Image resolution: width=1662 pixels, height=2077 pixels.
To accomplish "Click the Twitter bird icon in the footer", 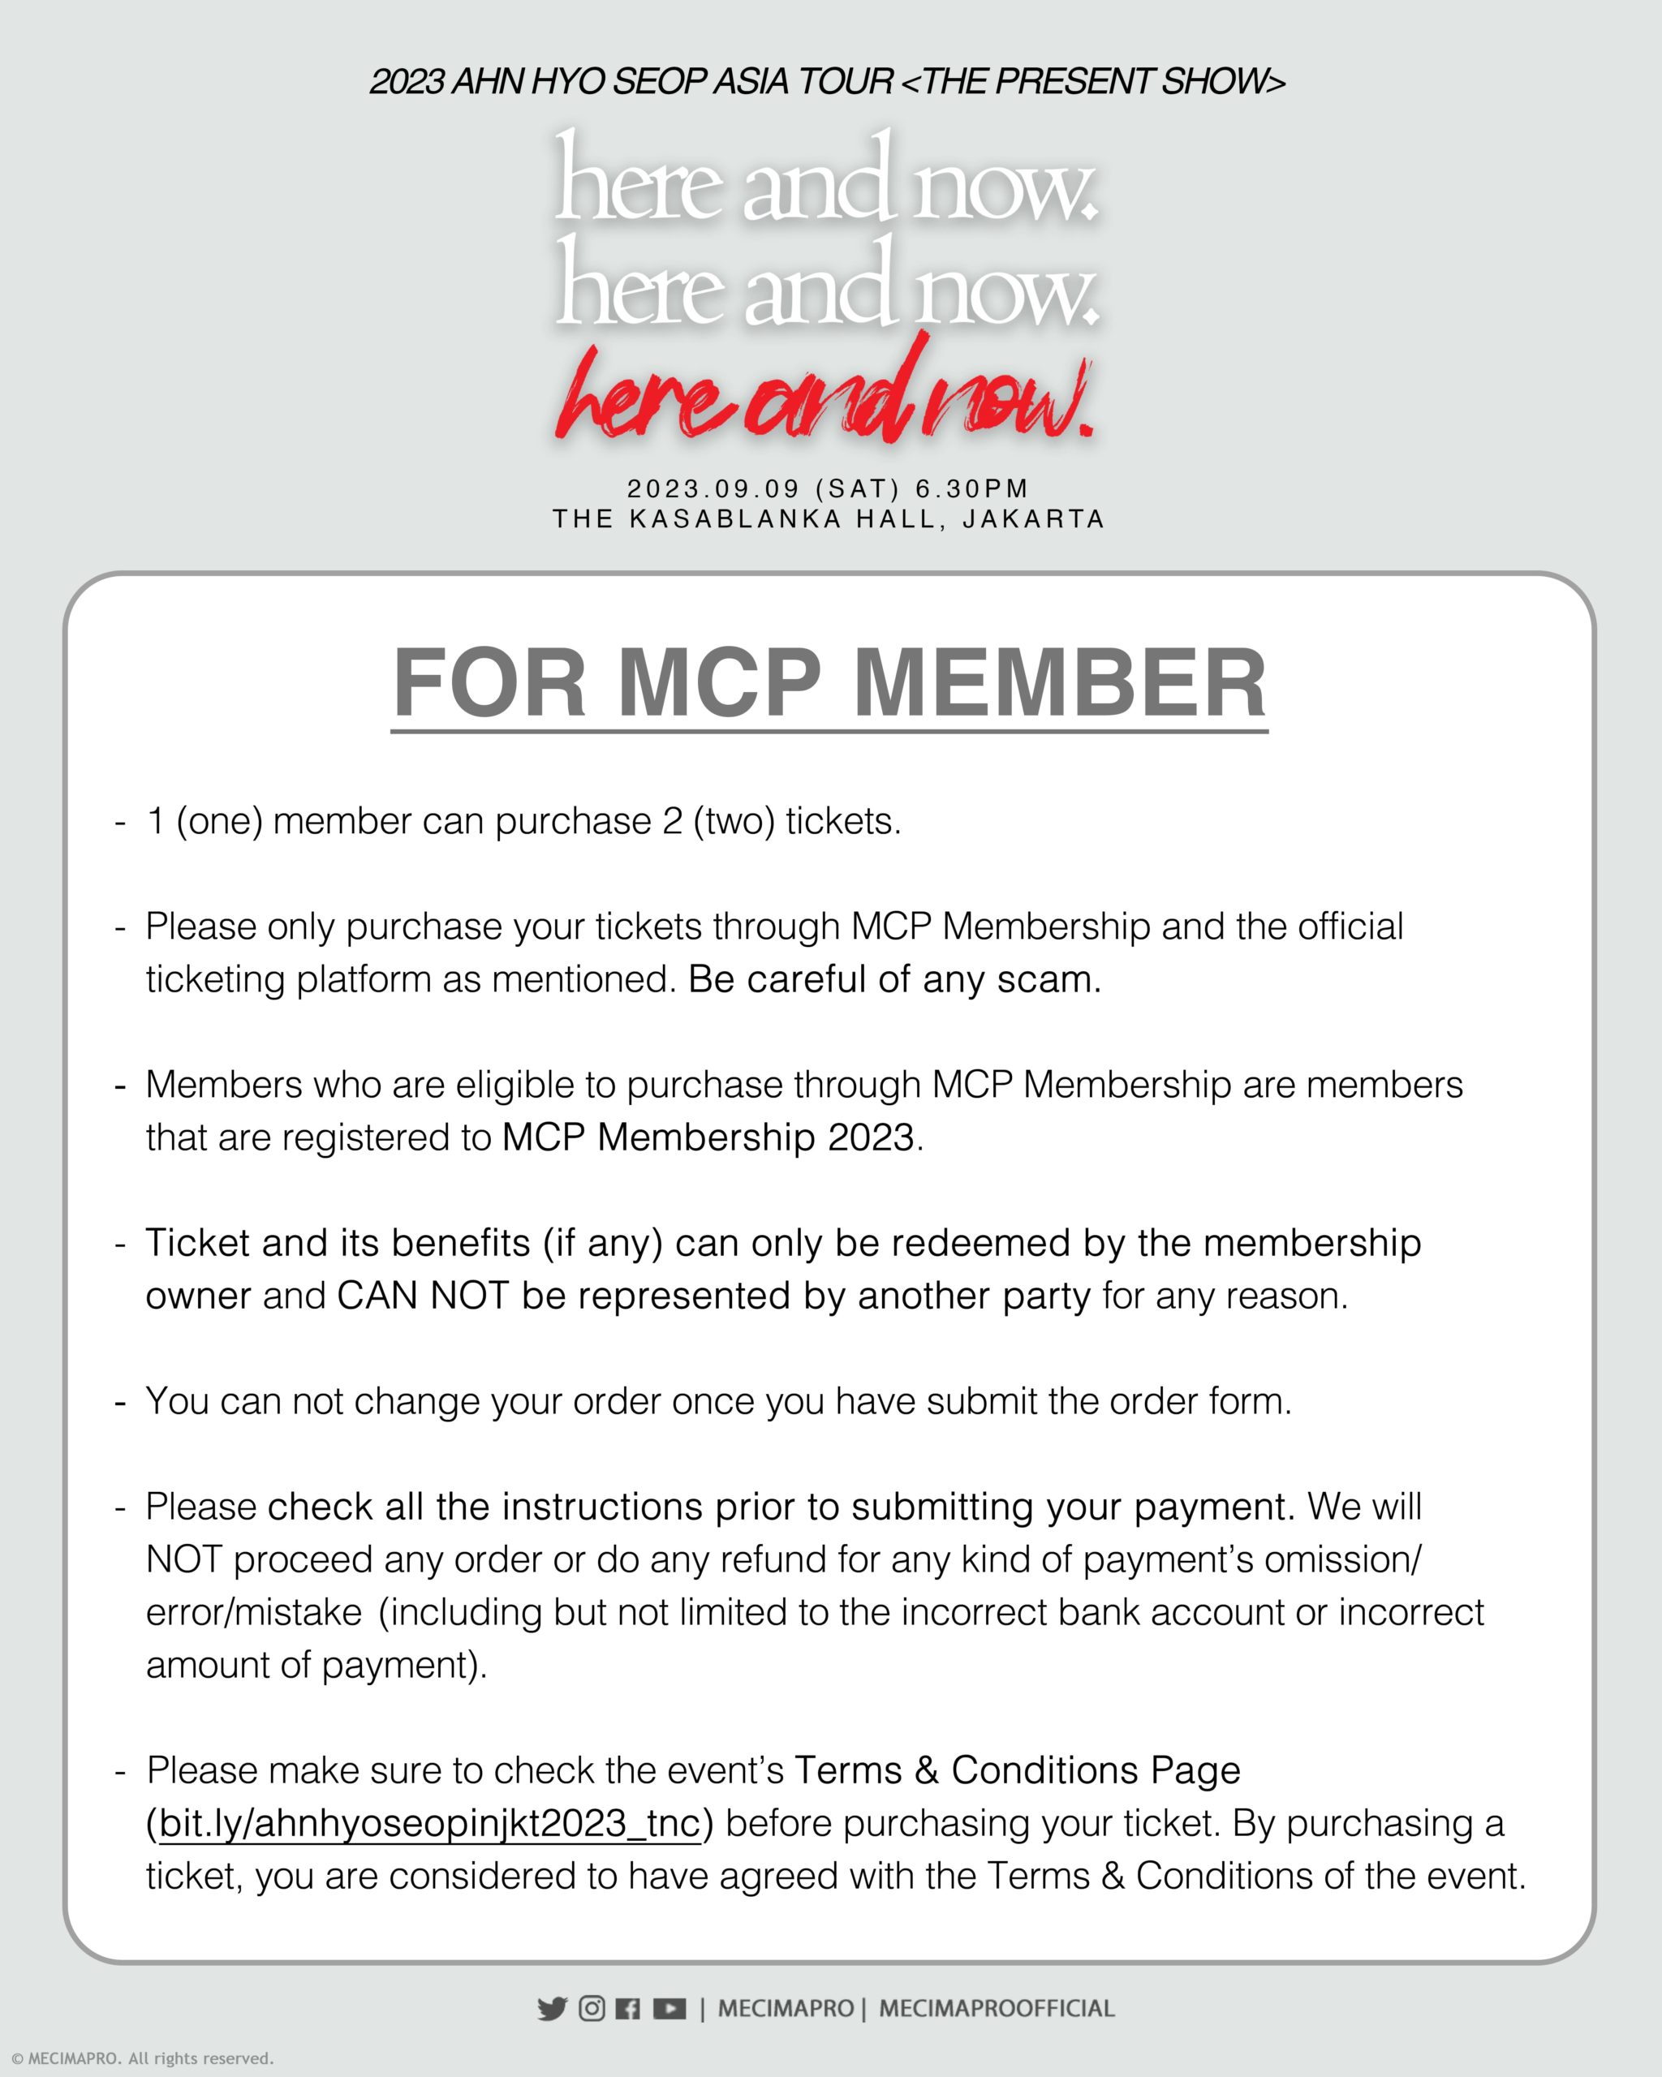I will tap(552, 2009).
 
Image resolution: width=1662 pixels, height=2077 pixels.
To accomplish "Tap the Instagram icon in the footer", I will tap(592, 2009).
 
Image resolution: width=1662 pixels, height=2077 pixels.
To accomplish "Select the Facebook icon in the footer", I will tap(627, 2009).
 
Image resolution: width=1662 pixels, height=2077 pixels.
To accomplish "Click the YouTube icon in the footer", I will tap(670, 2009).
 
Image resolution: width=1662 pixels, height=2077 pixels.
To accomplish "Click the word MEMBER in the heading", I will tap(1060, 683).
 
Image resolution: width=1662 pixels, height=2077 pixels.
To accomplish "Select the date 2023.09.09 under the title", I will tap(714, 489).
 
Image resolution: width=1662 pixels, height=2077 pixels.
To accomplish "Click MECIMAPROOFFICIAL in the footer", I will tap(997, 2009).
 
